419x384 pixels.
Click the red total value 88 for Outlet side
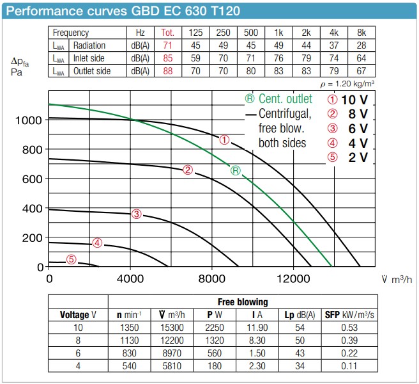(x=167, y=71)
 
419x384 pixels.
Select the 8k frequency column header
(x=362, y=33)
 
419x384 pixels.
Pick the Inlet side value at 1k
(x=278, y=59)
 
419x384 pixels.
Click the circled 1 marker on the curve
(x=224, y=140)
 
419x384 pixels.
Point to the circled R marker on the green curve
(x=236, y=170)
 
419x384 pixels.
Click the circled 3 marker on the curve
(x=136, y=214)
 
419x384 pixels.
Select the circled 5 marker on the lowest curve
(x=72, y=259)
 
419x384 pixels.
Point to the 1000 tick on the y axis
(x=31, y=120)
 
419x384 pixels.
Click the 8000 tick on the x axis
(x=211, y=279)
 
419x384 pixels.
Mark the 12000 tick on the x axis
(x=293, y=279)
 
